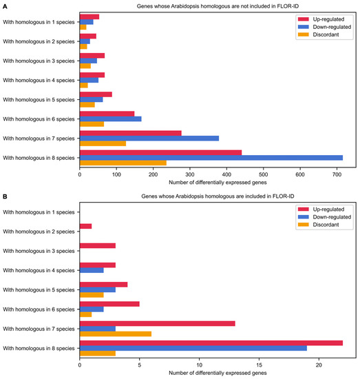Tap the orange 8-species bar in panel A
coord(123,163)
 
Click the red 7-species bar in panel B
coord(158,323)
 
